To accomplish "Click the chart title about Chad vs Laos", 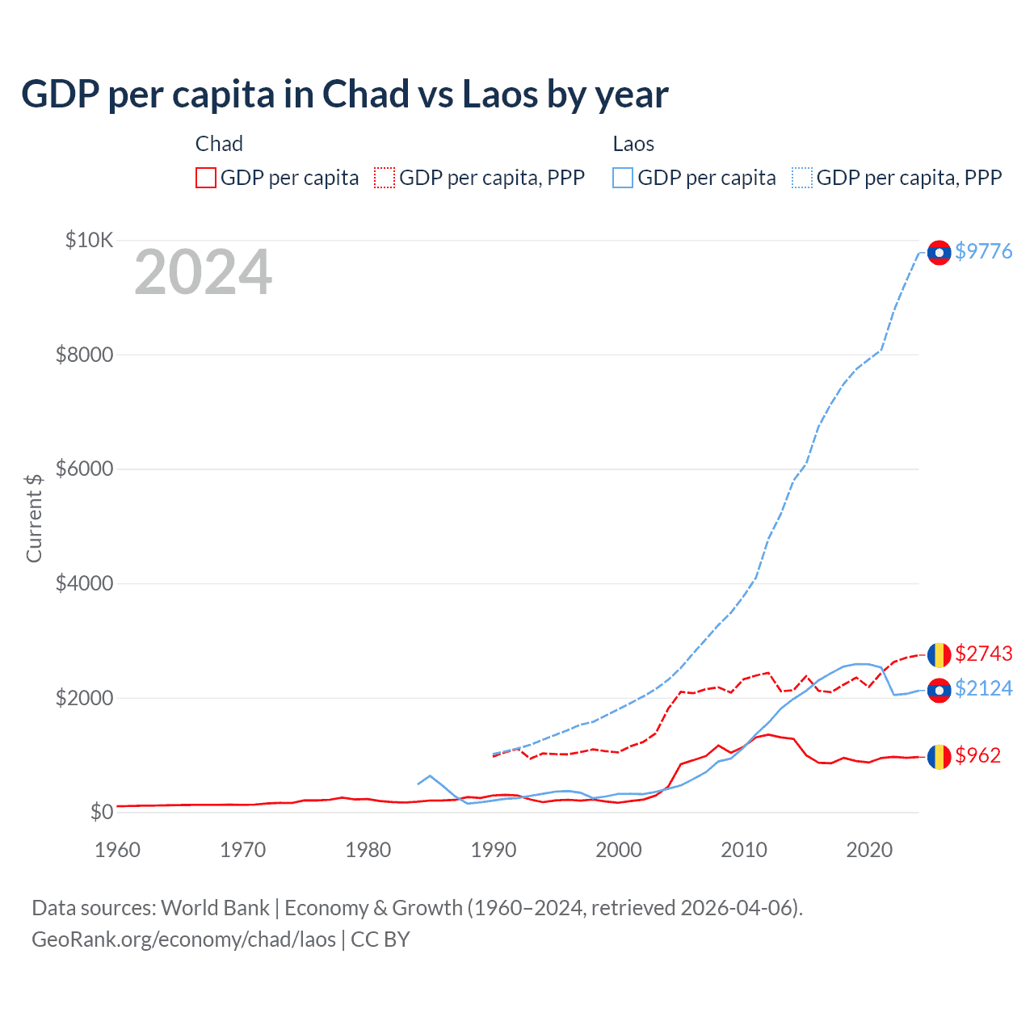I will click(344, 95).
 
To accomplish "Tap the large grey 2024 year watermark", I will click(203, 273).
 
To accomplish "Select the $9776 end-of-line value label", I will click(983, 251).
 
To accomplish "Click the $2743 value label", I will click(983, 653).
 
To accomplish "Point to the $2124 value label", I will click(983, 688).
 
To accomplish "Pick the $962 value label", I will click(977, 755).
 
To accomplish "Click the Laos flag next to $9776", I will click(939, 253).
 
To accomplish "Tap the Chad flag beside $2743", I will click(939, 654).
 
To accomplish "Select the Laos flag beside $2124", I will click(939, 691).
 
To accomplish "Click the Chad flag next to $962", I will click(939, 757).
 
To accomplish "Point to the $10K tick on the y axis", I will click(89, 240).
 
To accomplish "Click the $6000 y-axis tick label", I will click(84, 469).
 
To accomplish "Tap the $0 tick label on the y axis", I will click(101, 812).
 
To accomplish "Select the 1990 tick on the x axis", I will click(493, 850).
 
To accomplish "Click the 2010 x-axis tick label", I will click(743, 850).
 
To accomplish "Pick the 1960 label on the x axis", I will click(118, 850).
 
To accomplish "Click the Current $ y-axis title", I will click(34, 518).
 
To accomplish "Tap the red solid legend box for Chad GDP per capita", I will click(206, 178).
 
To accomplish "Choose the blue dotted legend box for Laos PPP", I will click(802, 178).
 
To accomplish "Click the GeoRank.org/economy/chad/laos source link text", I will click(183, 939).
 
